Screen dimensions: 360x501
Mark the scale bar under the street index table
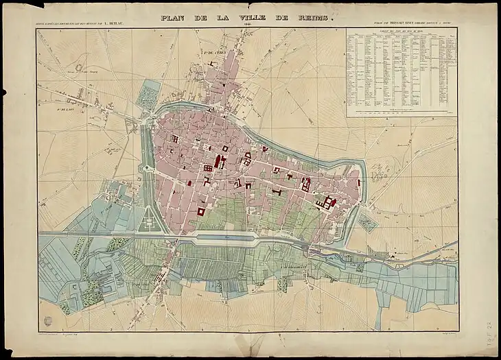tap(401, 110)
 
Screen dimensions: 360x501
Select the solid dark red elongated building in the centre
tap(220, 161)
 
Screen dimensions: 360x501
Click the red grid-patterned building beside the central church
tap(208, 168)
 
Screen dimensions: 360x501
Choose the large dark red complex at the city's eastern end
tap(326, 203)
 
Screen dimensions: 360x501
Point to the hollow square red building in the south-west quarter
tap(200, 211)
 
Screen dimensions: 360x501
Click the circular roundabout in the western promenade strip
tap(145, 169)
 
